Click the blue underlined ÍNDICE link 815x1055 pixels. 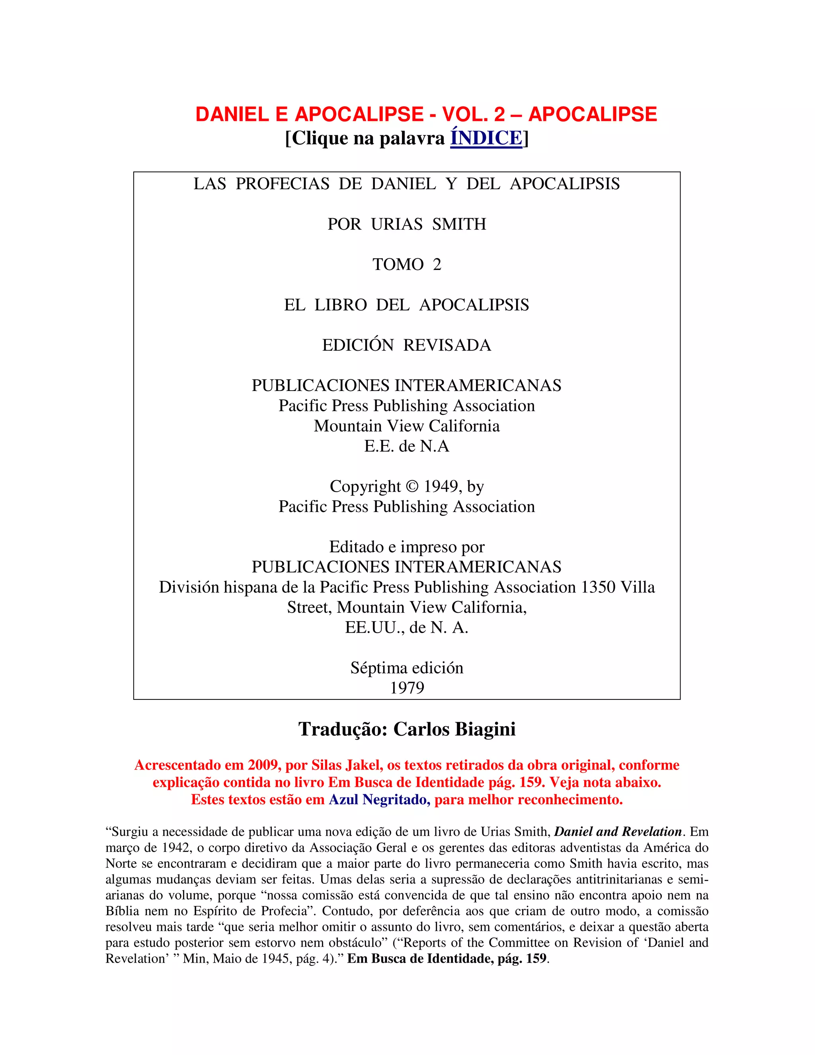tap(486, 138)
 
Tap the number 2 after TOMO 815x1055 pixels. tap(437, 264)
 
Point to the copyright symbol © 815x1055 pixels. tap(412, 486)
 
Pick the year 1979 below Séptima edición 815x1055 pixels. tap(407, 688)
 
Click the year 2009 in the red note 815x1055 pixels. tap(263, 765)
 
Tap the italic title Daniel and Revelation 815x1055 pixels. tap(618, 832)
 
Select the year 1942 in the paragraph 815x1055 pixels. tap(177, 848)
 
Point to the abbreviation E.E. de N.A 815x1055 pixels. tap(407, 446)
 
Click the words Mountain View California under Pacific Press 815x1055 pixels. tap(407, 426)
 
